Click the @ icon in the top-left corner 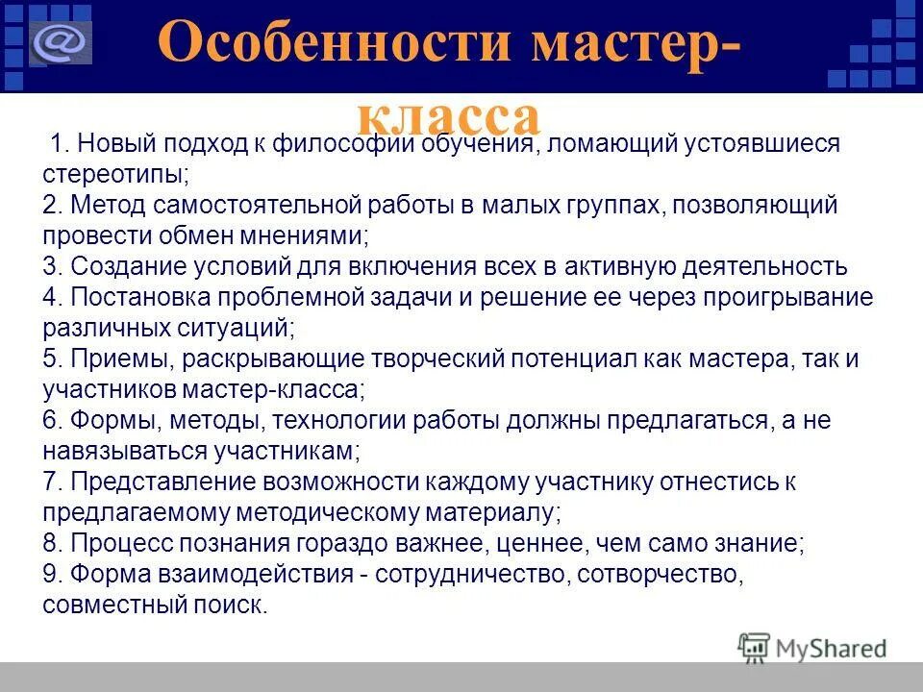(60, 43)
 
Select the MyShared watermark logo (812, 647)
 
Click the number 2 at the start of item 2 (50, 206)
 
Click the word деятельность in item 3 (766, 267)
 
